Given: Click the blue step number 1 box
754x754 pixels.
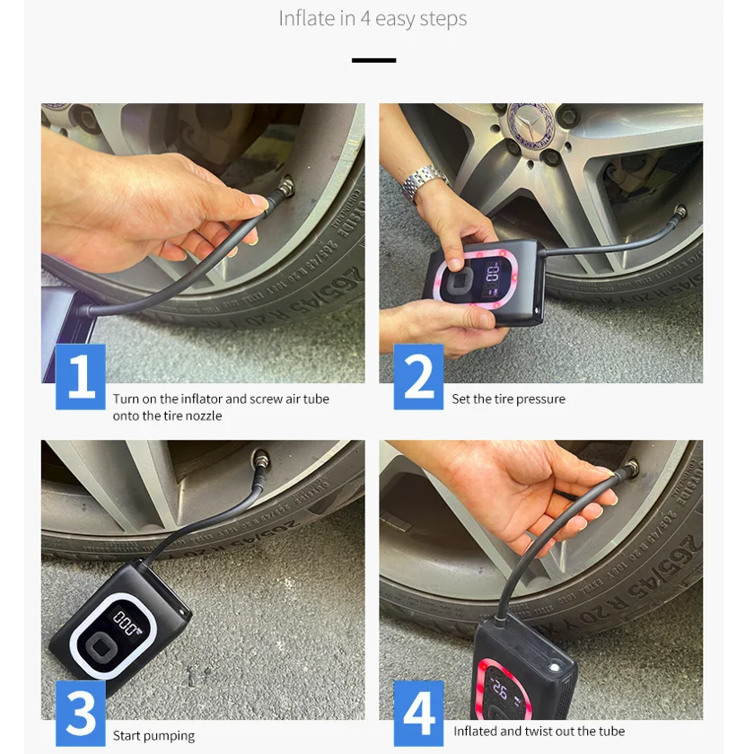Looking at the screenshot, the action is [80, 377].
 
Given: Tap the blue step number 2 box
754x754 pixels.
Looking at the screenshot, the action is [418, 377].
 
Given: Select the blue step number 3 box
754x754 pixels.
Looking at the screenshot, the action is [80, 714].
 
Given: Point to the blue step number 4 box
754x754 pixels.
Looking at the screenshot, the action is [418, 714].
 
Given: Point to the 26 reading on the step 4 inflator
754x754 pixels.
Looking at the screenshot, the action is [500, 691].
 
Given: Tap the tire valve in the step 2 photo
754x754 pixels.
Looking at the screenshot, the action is [680, 212].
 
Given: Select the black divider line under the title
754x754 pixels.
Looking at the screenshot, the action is [373, 60].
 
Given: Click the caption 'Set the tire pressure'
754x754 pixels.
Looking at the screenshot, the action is [508, 399].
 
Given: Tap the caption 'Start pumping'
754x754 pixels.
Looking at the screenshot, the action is [153, 736].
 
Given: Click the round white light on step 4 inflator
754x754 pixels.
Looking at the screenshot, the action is [556, 668].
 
